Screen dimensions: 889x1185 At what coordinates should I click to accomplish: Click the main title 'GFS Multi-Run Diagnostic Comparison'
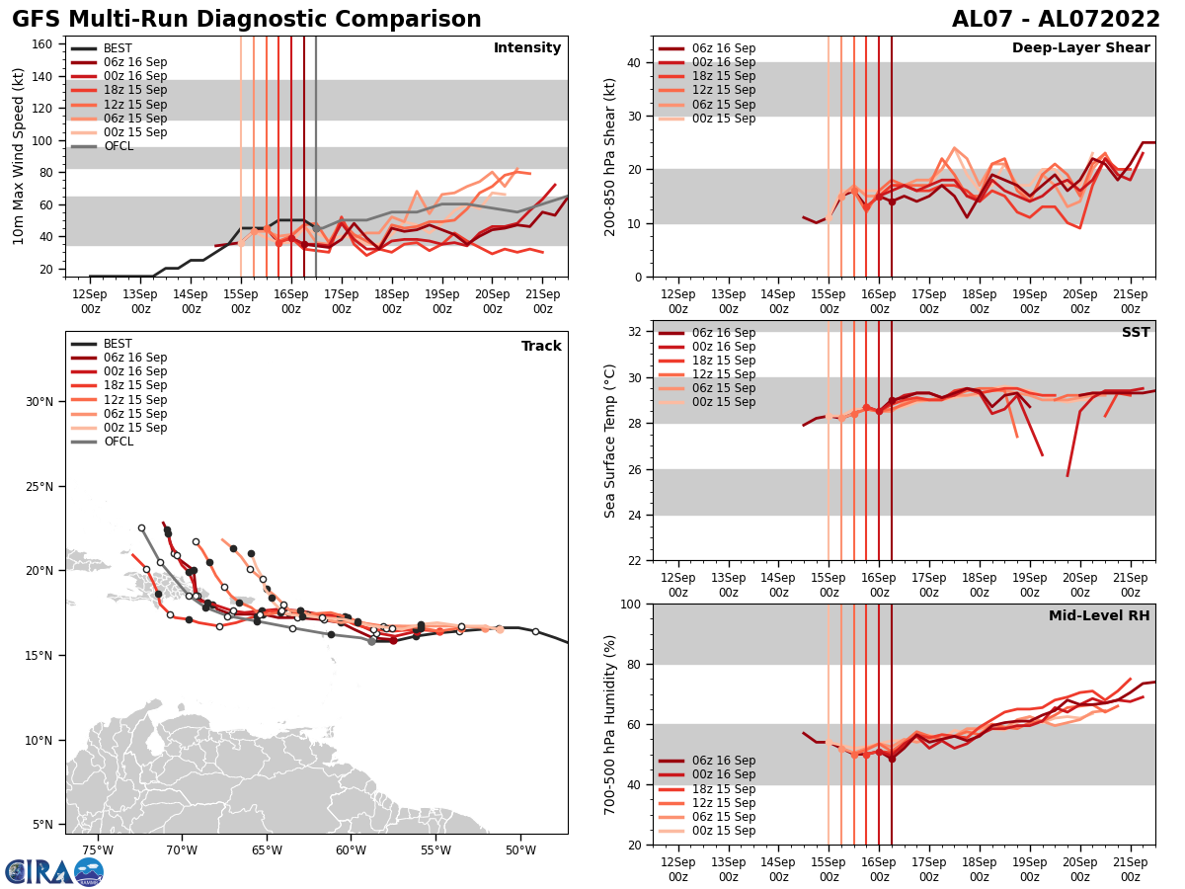click(247, 20)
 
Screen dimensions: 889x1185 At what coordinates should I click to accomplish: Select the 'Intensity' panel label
click(527, 48)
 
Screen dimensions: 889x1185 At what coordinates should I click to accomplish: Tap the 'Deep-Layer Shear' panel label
click(1080, 48)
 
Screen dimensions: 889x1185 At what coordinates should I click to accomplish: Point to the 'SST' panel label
click(1135, 333)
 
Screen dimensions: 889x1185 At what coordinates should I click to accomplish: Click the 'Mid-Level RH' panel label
click(1099, 616)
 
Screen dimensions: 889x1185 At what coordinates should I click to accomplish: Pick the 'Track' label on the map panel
click(541, 347)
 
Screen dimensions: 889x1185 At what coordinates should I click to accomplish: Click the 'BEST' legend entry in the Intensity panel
click(118, 48)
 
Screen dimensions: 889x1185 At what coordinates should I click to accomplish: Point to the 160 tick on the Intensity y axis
click(43, 43)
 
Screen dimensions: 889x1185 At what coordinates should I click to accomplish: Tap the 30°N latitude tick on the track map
click(40, 401)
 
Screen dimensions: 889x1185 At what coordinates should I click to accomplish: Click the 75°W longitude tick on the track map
click(97, 849)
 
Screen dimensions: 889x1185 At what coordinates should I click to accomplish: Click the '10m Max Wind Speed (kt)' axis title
click(19, 156)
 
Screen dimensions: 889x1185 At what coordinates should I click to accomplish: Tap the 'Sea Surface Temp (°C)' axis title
click(610, 441)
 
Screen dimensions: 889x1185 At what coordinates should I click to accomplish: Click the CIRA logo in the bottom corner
click(54, 871)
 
